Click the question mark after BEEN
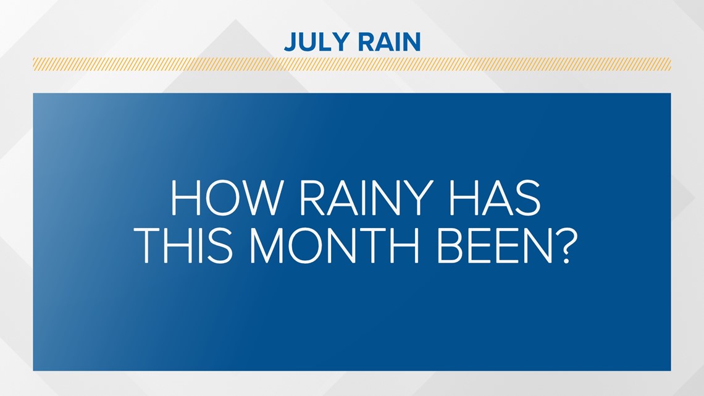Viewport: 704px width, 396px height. coord(558,247)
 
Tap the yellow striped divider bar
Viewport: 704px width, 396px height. coord(351,64)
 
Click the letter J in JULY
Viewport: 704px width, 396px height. coord(289,42)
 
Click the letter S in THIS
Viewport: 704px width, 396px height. coord(224,248)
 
